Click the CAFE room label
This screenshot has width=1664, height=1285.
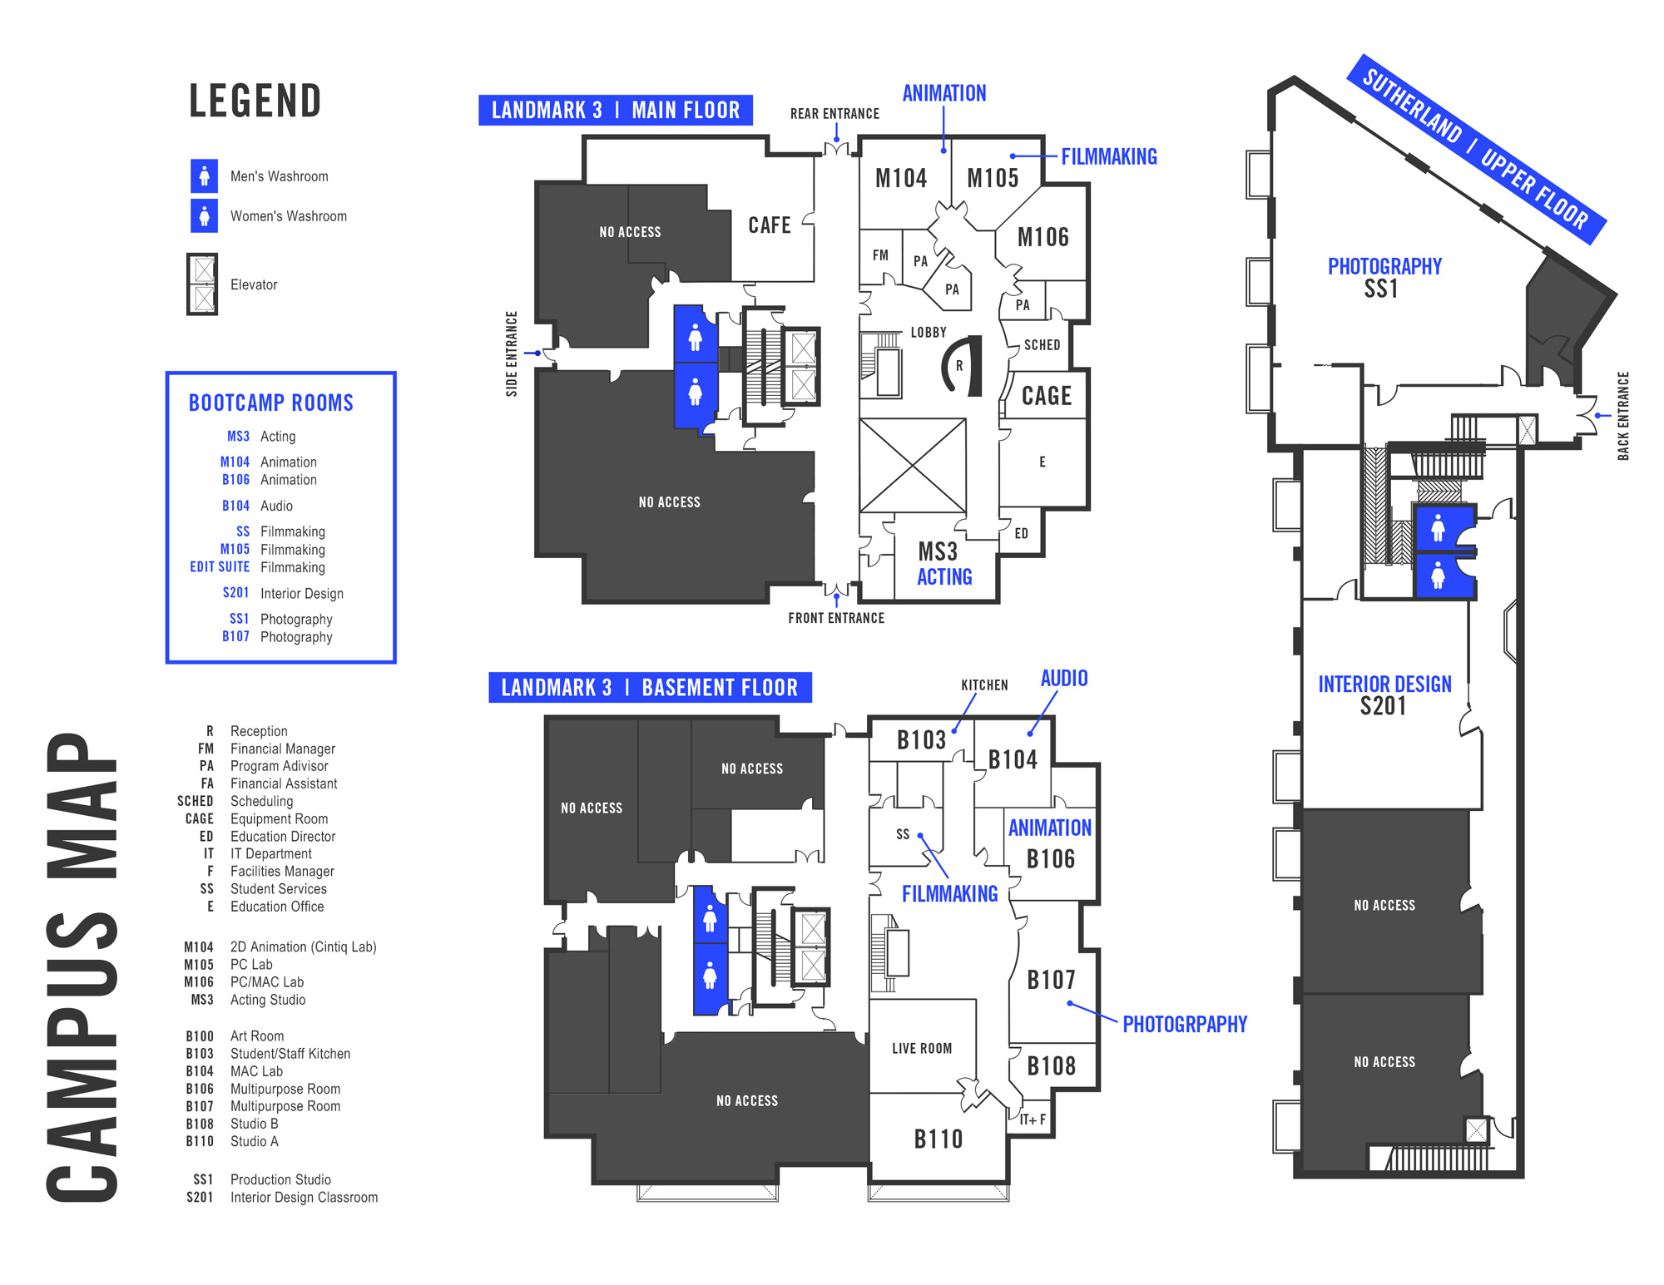tap(770, 225)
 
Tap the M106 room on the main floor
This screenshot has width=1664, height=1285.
tap(1042, 238)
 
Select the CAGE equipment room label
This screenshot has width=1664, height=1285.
tap(1046, 396)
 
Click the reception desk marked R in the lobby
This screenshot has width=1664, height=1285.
tap(959, 366)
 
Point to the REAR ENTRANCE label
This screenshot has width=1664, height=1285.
tap(834, 114)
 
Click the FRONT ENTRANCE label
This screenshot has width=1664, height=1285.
tap(836, 618)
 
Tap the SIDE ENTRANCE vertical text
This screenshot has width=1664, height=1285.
tap(512, 353)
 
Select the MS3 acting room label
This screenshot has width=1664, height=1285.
tap(938, 552)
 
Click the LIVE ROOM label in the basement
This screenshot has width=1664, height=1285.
tap(922, 1049)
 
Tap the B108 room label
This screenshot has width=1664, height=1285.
tap(1051, 1066)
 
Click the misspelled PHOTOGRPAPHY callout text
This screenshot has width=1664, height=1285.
tap(1185, 1025)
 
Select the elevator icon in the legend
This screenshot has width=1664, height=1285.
tap(202, 284)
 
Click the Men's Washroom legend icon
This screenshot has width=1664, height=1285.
tap(204, 176)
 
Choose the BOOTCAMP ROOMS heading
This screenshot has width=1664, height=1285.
tap(271, 403)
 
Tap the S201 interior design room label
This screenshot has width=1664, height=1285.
tap(1383, 706)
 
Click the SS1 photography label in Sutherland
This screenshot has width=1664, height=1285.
tap(1381, 289)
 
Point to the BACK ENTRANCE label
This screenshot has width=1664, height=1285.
tap(1622, 416)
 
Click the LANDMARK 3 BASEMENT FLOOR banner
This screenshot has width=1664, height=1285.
tap(650, 688)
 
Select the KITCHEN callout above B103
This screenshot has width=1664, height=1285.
tap(984, 685)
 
